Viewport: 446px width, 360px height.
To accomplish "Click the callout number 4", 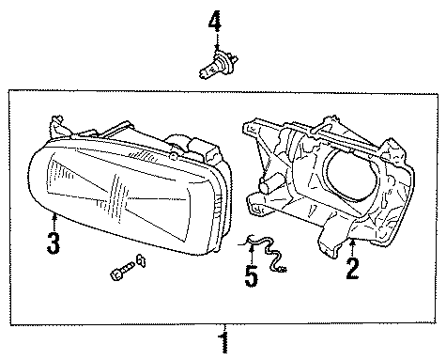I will tap(215, 20).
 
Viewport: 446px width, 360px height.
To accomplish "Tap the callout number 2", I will tap(352, 270).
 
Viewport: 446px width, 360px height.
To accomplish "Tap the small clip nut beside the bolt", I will tap(140, 260).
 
